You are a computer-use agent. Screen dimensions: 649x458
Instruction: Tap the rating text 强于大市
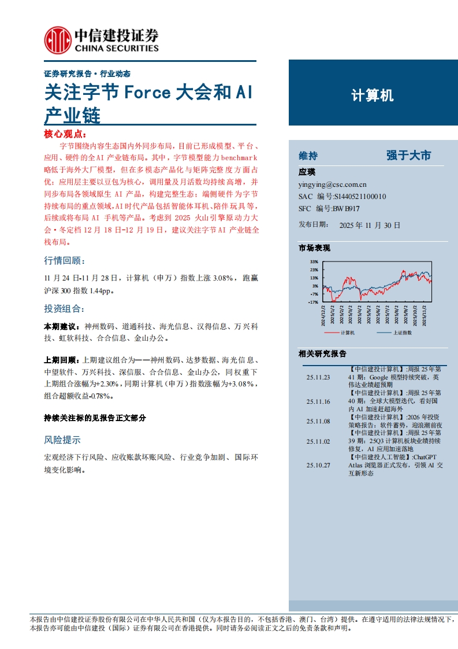click(409, 156)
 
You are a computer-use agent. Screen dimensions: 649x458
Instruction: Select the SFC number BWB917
click(346, 208)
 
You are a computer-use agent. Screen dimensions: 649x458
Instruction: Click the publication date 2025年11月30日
click(370, 225)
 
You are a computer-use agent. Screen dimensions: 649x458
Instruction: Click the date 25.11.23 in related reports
click(318, 377)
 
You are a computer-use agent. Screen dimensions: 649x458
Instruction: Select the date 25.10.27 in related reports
click(318, 464)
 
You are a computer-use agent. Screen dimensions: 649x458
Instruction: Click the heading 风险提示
click(62, 440)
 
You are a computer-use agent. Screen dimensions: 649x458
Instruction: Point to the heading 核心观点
click(64, 134)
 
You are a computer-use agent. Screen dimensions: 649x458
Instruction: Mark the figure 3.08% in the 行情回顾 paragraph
click(222, 278)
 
